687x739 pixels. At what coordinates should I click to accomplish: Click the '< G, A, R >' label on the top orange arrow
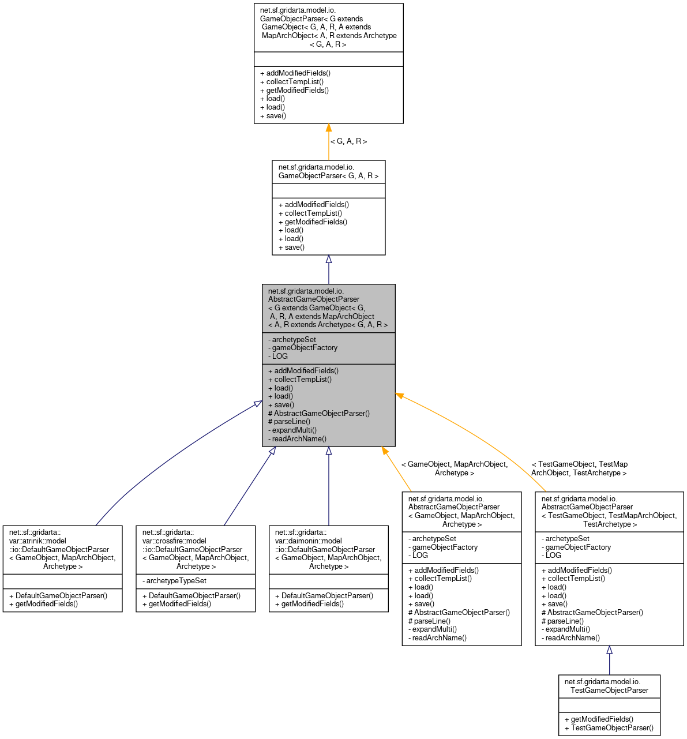348,141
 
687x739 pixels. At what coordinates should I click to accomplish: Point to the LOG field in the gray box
280,356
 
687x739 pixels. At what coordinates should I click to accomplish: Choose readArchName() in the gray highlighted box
299,438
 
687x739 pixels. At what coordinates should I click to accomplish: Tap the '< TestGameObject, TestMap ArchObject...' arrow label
579,468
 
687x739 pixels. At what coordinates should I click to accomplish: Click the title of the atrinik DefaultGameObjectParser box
62,549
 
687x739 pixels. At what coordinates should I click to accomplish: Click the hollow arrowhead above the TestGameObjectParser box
609,650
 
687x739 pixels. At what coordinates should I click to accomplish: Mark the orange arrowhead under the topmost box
329,128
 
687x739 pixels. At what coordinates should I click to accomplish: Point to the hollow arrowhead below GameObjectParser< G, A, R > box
329,260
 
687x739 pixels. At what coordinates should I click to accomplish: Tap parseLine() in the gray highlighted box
292,422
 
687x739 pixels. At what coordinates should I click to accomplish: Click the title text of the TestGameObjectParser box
609,686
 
